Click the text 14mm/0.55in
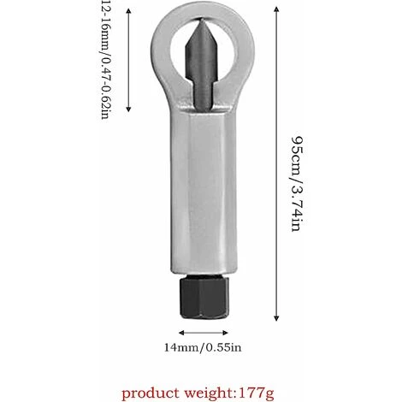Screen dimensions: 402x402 tap(202, 348)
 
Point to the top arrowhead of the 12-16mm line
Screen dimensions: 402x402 tap(128, 4)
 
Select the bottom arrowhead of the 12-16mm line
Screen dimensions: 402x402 tap(128, 112)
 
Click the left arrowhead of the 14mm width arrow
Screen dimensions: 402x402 tap(180, 331)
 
